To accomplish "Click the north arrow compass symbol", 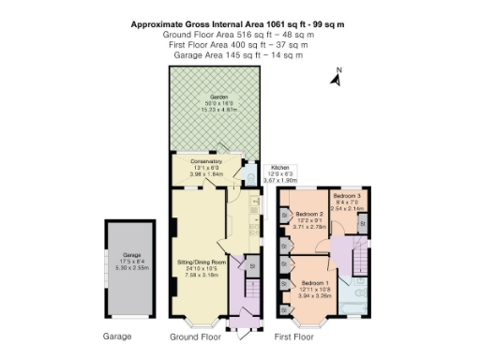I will click(x=336, y=77).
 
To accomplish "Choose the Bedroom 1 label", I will click(x=314, y=282).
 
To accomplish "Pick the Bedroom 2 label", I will click(x=309, y=214).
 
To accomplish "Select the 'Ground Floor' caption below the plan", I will click(x=196, y=336).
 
